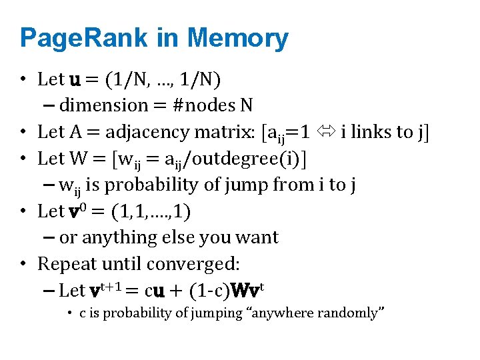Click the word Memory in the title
click(238, 39)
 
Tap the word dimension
click(103, 105)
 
